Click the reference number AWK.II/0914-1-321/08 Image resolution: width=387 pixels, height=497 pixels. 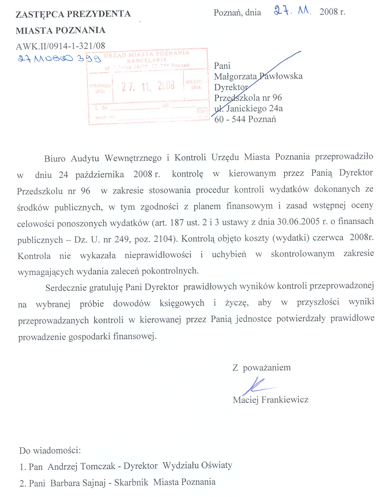point(60,46)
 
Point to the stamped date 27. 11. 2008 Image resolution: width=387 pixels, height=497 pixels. point(148,86)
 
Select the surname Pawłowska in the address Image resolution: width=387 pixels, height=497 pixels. point(281,76)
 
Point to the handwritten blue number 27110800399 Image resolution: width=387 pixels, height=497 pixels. point(59,58)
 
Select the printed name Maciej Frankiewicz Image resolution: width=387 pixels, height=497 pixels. point(270,400)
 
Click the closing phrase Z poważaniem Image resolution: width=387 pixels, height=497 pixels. point(261,368)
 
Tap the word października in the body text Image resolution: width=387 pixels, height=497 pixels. point(100,175)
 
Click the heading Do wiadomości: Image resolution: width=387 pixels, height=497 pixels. point(50,450)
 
